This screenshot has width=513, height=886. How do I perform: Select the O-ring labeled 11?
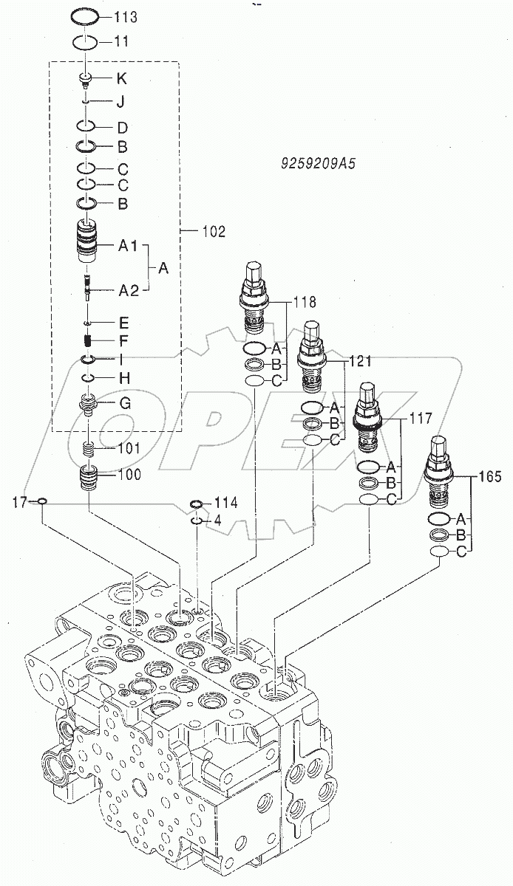(x=86, y=42)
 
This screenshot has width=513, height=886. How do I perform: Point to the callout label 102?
(x=213, y=231)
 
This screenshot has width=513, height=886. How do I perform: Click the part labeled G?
(x=88, y=405)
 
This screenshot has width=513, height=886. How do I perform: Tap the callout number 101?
(x=129, y=447)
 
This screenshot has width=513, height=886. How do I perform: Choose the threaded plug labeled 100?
(x=88, y=478)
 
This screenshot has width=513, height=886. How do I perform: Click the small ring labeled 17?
(x=42, y=503)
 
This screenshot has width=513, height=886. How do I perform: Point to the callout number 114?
(x=226, y=503)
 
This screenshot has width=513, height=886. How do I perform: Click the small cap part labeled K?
(x=86, y=78)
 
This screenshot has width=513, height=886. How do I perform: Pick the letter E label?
(x=124, y=322)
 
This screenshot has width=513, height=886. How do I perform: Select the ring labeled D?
(x=86, y=126)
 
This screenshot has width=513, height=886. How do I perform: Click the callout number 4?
(x=217, y=521)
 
